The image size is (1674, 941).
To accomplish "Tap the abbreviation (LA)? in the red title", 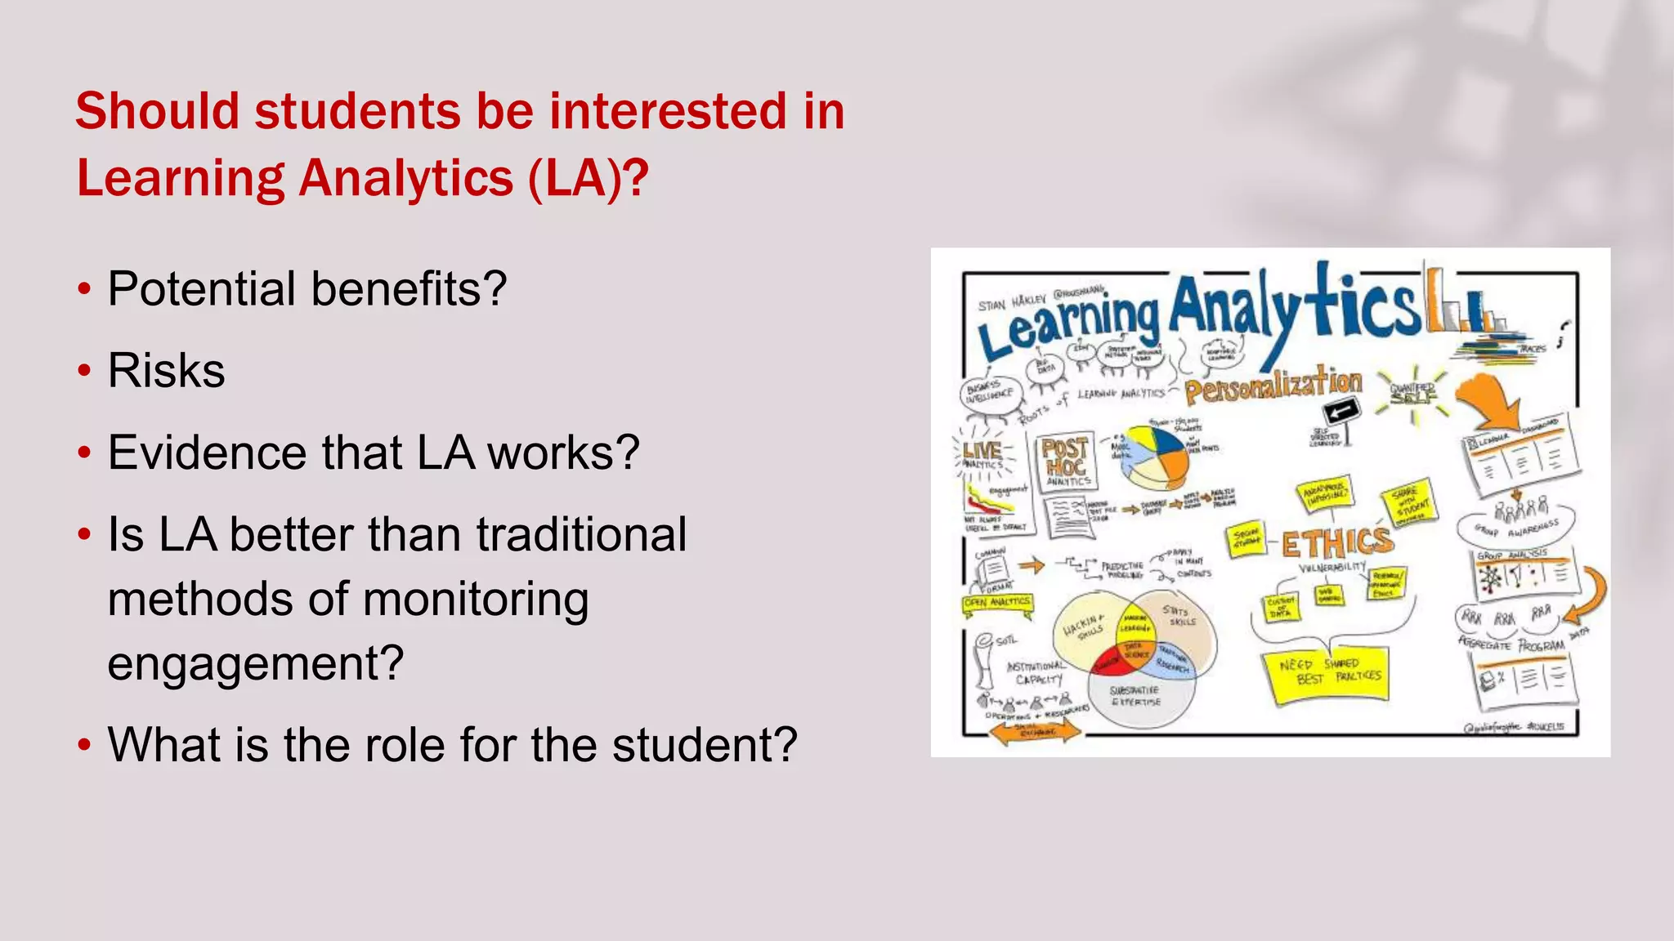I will [588, 178].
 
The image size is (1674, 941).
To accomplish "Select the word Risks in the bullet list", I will [166, 371].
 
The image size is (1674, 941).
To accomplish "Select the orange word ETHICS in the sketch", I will [1336, 542].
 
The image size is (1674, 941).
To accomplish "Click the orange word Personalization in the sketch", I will [1273, 384].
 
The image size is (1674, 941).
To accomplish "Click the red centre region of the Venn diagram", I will [1111, 660].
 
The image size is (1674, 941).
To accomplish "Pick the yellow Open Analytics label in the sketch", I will [997, 603].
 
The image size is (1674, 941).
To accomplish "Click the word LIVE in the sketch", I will [982, 450].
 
